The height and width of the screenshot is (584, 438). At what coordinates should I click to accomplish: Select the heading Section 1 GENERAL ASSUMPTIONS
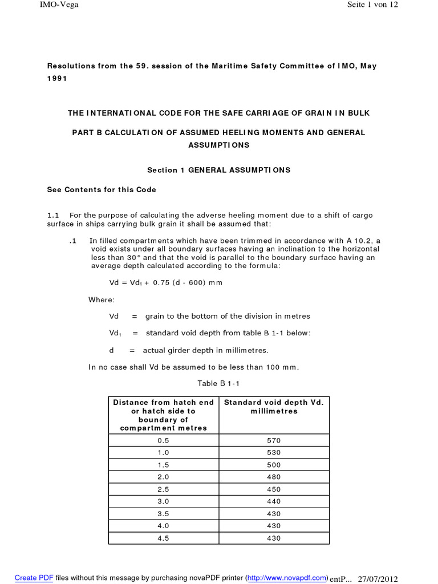(219, 170)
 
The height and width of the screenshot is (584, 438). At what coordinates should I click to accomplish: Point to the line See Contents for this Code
(101, 189)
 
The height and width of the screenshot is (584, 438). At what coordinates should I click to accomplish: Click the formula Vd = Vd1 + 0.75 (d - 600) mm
(165, 282)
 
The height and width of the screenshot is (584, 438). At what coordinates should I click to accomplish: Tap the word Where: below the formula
(102, 299)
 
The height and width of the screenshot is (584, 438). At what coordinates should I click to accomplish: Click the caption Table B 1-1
(218, 383)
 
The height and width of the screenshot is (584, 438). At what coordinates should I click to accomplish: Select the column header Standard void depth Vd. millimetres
(274, 407)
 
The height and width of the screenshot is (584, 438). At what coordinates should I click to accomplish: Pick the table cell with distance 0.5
(163, 441)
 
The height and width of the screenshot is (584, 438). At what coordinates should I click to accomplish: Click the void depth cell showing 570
(274, 441)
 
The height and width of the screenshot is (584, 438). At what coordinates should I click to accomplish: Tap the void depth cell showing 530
(274, 453)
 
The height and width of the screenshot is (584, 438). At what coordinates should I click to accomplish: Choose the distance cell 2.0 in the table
(163, 477)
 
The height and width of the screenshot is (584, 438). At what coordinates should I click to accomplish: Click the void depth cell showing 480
(274, 477)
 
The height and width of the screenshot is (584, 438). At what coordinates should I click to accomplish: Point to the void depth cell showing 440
(274, 501)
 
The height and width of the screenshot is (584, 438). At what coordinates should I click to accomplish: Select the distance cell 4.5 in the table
(163, 538)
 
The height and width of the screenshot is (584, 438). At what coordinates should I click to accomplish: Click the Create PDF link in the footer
(34, 578)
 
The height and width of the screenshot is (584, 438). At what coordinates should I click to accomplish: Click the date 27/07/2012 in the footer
(377, 578)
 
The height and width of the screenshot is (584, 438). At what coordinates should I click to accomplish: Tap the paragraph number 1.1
(53, 215)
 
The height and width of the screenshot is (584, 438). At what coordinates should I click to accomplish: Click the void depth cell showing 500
(274, 465)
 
